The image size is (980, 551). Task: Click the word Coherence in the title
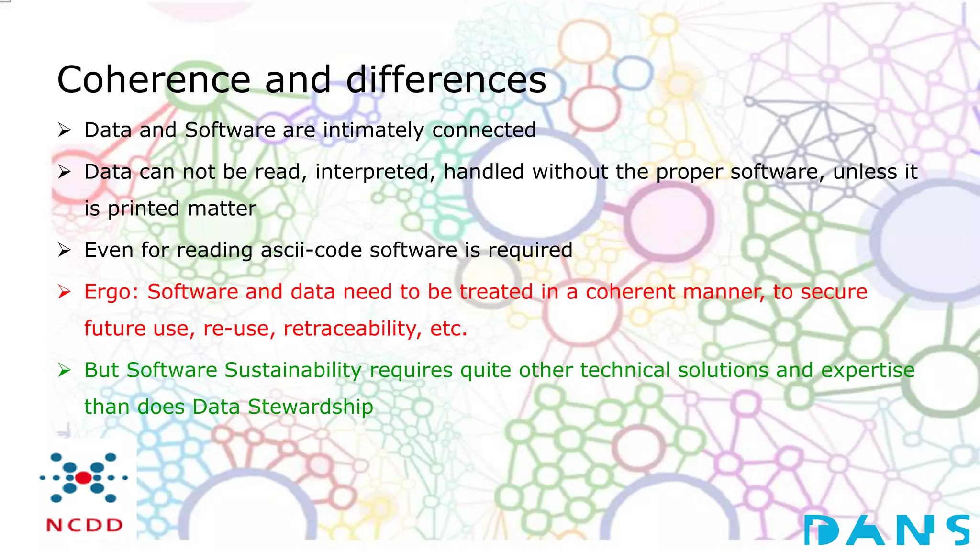154,80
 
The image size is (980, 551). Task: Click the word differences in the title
446,80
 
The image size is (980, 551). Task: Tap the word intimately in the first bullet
373,130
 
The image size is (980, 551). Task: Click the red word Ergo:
111,292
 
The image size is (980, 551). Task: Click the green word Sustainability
293,370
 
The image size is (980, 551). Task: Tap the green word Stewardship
310,407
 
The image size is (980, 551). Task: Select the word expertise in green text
868,370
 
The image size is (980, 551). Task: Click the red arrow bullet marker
64,292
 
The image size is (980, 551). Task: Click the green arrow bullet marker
64,370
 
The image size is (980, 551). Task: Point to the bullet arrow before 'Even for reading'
64,250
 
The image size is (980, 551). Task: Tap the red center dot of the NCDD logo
83,477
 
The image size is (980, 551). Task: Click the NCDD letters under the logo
85,525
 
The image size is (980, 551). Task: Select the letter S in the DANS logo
958,530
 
